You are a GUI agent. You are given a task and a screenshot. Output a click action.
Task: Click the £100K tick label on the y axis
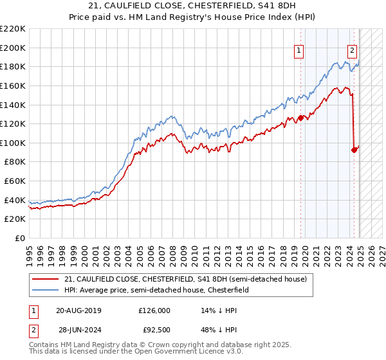12,143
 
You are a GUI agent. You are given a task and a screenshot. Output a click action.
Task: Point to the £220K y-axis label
12,29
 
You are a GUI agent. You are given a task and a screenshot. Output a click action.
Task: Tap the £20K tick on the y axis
14,219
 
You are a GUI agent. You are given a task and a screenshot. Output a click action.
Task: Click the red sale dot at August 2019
300,118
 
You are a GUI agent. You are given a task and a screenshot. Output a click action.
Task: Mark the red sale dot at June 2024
354,150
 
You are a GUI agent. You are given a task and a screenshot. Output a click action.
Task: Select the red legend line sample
45,279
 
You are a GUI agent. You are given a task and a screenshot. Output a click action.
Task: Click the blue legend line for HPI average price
45,291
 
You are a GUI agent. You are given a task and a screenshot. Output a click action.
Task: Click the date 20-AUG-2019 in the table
78,310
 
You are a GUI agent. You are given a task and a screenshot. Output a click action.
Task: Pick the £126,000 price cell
154,310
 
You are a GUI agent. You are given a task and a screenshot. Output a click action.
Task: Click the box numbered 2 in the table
33,330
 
